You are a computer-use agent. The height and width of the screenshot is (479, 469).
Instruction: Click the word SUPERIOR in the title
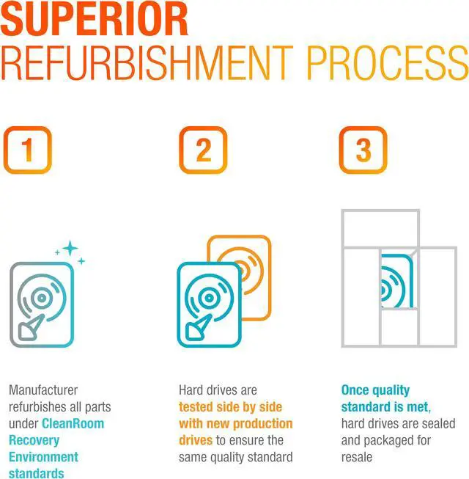coord(94,19)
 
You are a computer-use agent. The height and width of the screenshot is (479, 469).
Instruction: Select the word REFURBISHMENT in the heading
coord(147,63)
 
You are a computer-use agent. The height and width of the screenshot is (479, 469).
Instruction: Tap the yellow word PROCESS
coord(388,63)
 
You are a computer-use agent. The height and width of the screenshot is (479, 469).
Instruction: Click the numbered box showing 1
coord(27,150)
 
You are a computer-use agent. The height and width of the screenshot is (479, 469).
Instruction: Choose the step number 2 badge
coord(203,150)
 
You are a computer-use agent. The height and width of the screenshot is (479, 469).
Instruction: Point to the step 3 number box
coord(363,150)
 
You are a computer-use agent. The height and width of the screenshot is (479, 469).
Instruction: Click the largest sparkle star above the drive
coord(70,249)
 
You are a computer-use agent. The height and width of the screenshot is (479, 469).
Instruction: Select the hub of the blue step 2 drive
coord(209,298)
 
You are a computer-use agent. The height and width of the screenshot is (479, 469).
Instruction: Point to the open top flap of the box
coord(380,228)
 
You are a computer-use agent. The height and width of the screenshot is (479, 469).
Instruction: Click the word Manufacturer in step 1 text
coord(43,390)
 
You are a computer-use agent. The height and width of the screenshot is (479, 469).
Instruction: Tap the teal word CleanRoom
coord(73,424)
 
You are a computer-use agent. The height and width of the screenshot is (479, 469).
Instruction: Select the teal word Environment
coord(44,457)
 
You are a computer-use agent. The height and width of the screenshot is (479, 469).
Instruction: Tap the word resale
coord(357,457)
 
